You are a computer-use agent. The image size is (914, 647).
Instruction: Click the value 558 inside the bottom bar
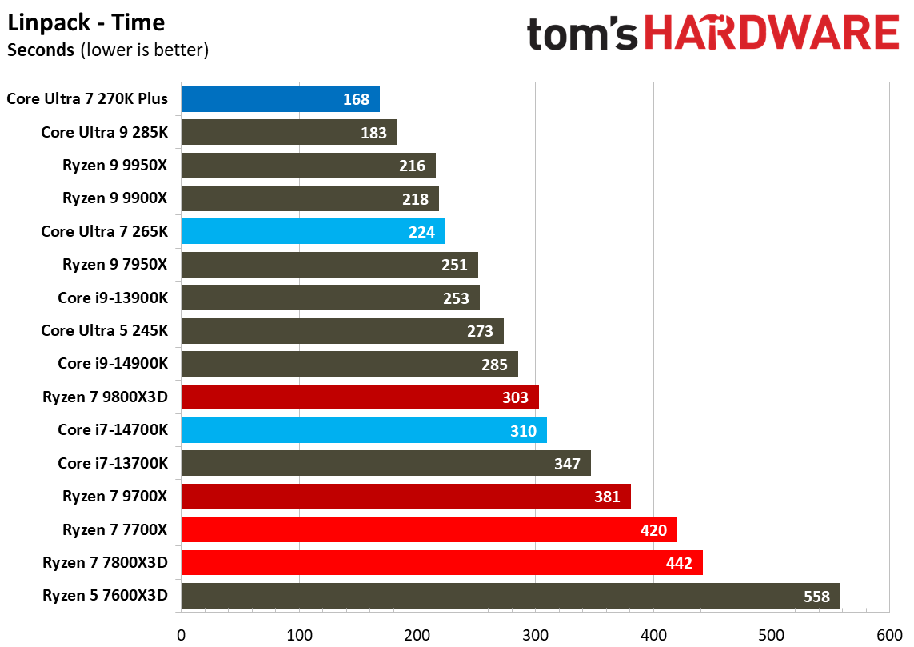[817, 597]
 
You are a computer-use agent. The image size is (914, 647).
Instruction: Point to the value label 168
[357, 99]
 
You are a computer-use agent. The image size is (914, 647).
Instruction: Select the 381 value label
[607, 497]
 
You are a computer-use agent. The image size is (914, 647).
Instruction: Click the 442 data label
[679, 563]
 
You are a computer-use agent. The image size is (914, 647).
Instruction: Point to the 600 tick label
[889, 636]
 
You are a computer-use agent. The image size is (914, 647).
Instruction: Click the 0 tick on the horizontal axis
[182, 636]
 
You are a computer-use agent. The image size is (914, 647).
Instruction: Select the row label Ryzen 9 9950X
[115, 166]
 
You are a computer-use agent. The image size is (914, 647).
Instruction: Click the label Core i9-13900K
[113, 298]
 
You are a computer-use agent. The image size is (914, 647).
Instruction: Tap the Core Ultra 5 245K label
[105, 330]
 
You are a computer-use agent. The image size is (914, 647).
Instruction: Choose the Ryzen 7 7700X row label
[115, 529]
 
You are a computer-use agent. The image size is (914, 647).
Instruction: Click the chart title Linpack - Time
[86, 22]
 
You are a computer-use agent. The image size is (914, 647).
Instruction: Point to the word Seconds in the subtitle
[41, 50]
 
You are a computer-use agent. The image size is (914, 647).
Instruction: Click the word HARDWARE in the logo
[771, 34]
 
